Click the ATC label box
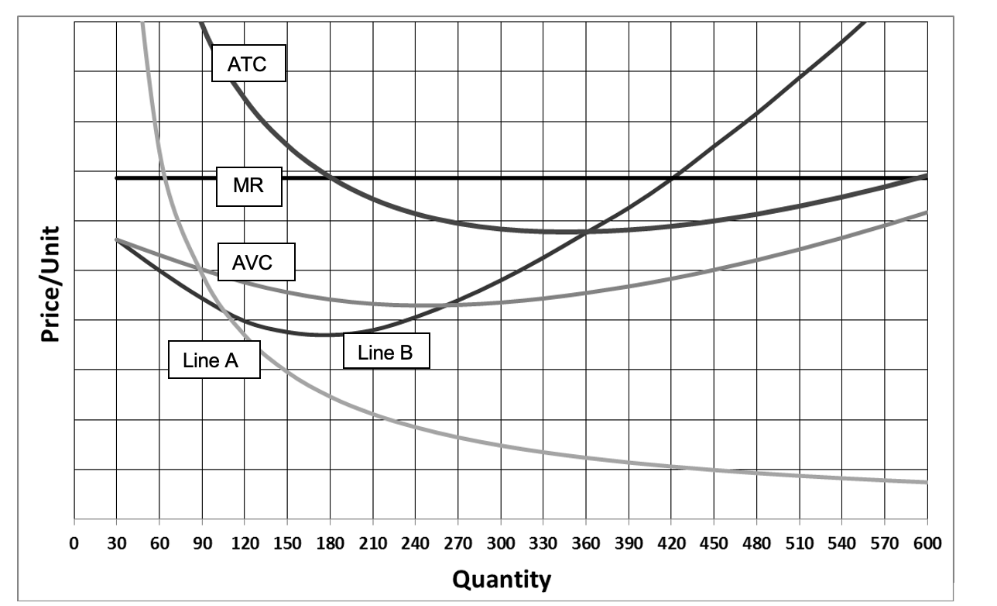click(248, 64)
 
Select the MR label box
click(248, 186)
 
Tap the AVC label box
click(256, 263)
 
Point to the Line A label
click(214, 360)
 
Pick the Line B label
click(385, 353)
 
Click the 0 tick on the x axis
click(74, 542)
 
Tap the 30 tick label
click(117, 542)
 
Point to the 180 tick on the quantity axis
click(330, 542)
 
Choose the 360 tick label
click(586, 542)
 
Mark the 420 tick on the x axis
click(671, 542)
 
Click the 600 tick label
click(927, 542)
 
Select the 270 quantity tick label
click(457, 542)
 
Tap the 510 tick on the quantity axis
click(799, 542)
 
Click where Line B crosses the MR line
click(672, 178)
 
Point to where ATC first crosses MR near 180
click(330, 178)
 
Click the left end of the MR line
click(117, 178)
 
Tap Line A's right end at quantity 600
click(926, 482)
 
